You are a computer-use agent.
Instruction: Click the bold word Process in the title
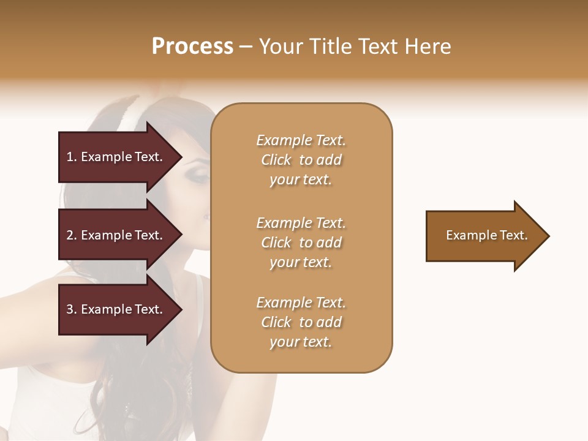tap(192, 47)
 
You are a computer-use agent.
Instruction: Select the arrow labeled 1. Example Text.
tap(116, 157)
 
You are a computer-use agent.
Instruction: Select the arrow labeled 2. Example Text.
tap(116, 235)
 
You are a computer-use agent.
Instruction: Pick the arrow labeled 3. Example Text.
tap(116, 309)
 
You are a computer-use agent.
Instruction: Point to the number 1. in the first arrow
tap(72, 157)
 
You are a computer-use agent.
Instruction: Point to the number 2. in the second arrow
tap(72, 235)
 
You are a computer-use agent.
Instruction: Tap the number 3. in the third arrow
tap(72, 309)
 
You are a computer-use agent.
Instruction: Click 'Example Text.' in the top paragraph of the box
tap(301, 140)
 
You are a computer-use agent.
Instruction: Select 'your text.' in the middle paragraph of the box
tap(301, 262)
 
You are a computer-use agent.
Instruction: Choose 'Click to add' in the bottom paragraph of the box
tap(301, 322)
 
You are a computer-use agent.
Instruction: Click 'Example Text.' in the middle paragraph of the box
tap(301, 223)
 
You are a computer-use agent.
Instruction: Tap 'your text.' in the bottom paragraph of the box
tap(301, 342)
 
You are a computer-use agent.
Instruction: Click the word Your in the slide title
tap(282, 47)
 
